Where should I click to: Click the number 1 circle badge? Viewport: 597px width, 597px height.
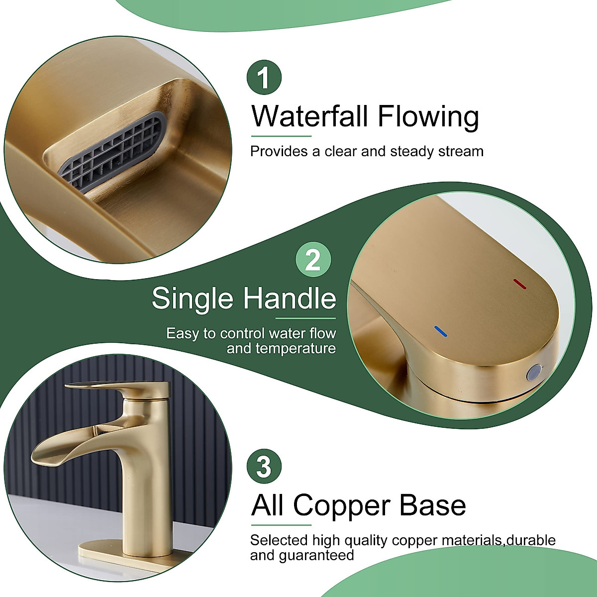[264, 77]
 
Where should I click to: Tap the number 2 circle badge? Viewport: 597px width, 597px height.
[313, 259]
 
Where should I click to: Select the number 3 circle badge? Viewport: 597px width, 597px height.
[264, 467]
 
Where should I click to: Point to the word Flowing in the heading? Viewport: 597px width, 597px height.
[428, 117]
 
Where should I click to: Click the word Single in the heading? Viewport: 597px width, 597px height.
[193, 298]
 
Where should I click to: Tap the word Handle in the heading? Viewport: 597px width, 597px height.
[290, 298]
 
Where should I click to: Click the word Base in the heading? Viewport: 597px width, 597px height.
[433, 505]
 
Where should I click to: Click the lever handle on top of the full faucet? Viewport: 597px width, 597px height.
[114, 389]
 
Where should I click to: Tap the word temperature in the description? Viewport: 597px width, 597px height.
[281, 348]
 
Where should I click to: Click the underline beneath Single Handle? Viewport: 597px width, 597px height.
[305, 318]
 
